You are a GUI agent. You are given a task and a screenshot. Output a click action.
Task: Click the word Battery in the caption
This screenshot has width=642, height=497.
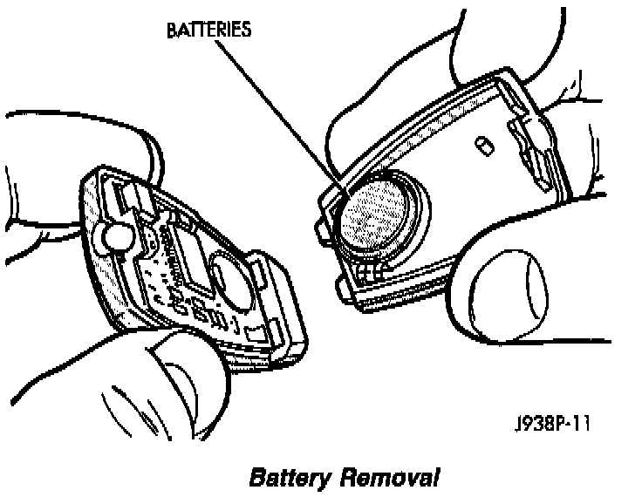pyautogui.click(x=289, y=479)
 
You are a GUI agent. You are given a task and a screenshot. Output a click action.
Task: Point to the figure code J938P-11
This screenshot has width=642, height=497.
pyautogui.click(x=551, y=426)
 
